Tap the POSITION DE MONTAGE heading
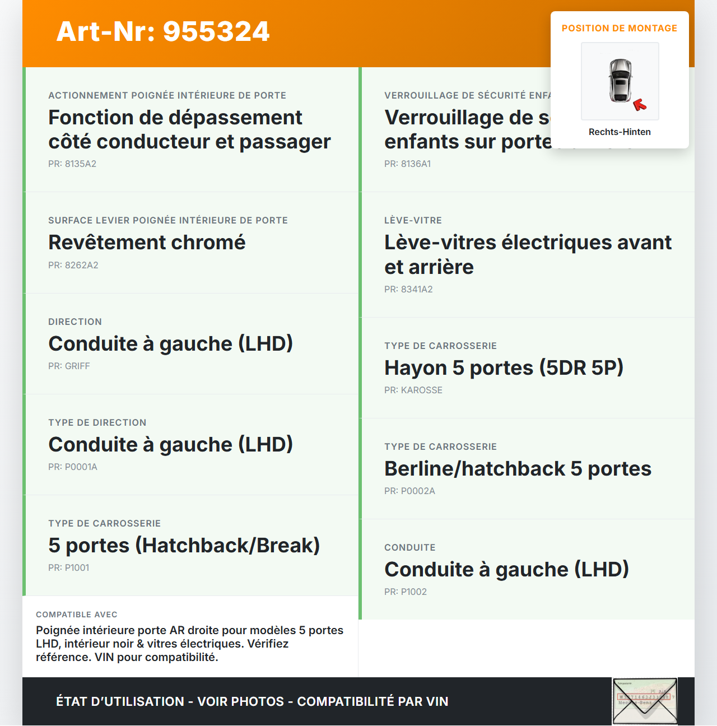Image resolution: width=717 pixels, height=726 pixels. point(619,29)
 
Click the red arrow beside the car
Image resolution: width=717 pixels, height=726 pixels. point(640,105)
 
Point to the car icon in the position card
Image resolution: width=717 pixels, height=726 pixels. point(620,80)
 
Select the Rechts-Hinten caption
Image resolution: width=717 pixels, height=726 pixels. point(620,132)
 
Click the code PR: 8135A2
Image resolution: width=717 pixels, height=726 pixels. point(72,164)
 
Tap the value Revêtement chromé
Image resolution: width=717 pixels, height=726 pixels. point(147,243)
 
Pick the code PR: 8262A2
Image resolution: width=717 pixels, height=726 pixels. point(73,266)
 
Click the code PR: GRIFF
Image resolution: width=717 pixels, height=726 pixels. point(69,366)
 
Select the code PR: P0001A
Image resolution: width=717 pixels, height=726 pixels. point(73,467)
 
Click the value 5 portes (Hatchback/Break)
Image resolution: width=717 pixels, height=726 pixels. point(184,546)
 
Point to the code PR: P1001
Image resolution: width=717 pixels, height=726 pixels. point(69,568)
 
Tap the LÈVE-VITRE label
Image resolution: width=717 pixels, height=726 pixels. point(413,221)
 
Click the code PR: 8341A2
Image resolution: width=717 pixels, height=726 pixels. point(408,290)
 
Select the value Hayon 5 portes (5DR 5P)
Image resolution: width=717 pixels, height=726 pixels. point(504,368)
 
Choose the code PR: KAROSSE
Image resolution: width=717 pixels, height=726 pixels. point(413,390)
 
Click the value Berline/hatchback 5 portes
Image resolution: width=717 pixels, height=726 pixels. point(518,469)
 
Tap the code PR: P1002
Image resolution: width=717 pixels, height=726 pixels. point(406,592)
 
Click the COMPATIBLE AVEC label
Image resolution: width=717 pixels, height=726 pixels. point(77,615)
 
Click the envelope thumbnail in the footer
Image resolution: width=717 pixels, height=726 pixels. point(645,701)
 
